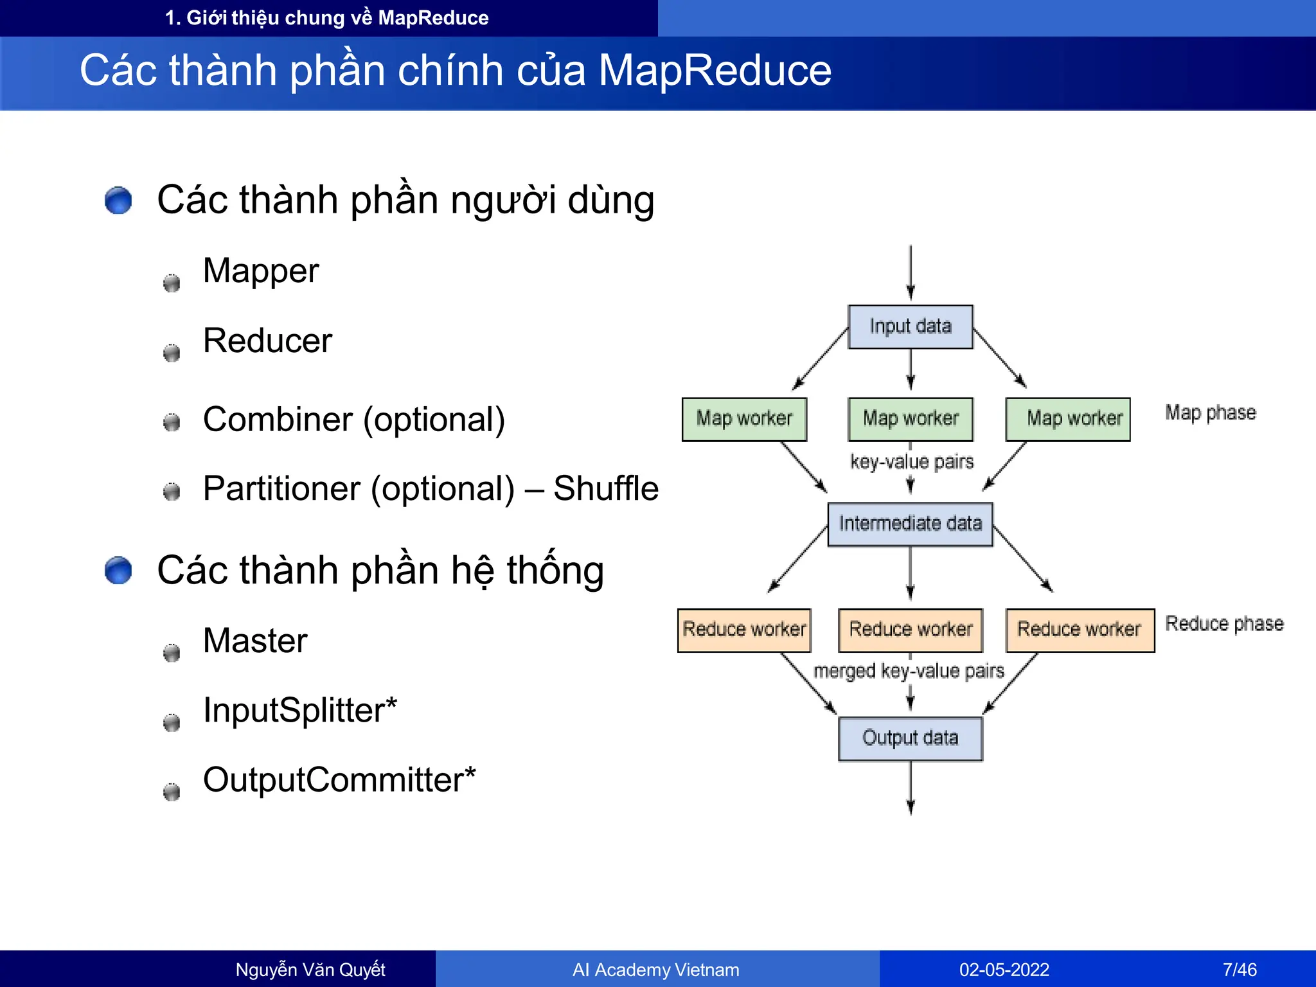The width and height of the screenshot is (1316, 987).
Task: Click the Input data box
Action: [910, 326]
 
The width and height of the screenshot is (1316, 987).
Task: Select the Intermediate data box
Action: [910, 524]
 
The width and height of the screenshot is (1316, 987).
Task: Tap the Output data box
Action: [910, 738]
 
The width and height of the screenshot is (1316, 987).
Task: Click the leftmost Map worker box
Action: [744, 419]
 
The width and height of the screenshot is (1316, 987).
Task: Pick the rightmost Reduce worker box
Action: [1080, 630]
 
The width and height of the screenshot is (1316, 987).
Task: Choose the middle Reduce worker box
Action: [910, 630]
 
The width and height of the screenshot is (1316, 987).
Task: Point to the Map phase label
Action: [1211, 413]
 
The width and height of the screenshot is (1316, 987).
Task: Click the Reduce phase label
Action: [1224, 623]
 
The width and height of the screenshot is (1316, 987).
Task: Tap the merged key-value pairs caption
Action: [909, 671]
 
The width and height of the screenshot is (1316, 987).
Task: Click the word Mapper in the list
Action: [261, 271]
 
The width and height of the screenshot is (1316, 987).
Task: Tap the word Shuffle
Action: [605, 488]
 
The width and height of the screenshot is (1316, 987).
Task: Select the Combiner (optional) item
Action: [354, 420]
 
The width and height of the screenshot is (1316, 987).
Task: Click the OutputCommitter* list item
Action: [339, 780]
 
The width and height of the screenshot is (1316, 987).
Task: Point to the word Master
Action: [255, 641]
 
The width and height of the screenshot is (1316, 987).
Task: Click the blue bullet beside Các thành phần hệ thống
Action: [118, 571]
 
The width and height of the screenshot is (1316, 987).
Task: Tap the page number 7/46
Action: [1240, 970]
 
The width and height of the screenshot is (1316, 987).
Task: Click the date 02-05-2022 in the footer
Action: [1004, 970]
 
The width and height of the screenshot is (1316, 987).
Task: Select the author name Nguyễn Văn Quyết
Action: [310, 970]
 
